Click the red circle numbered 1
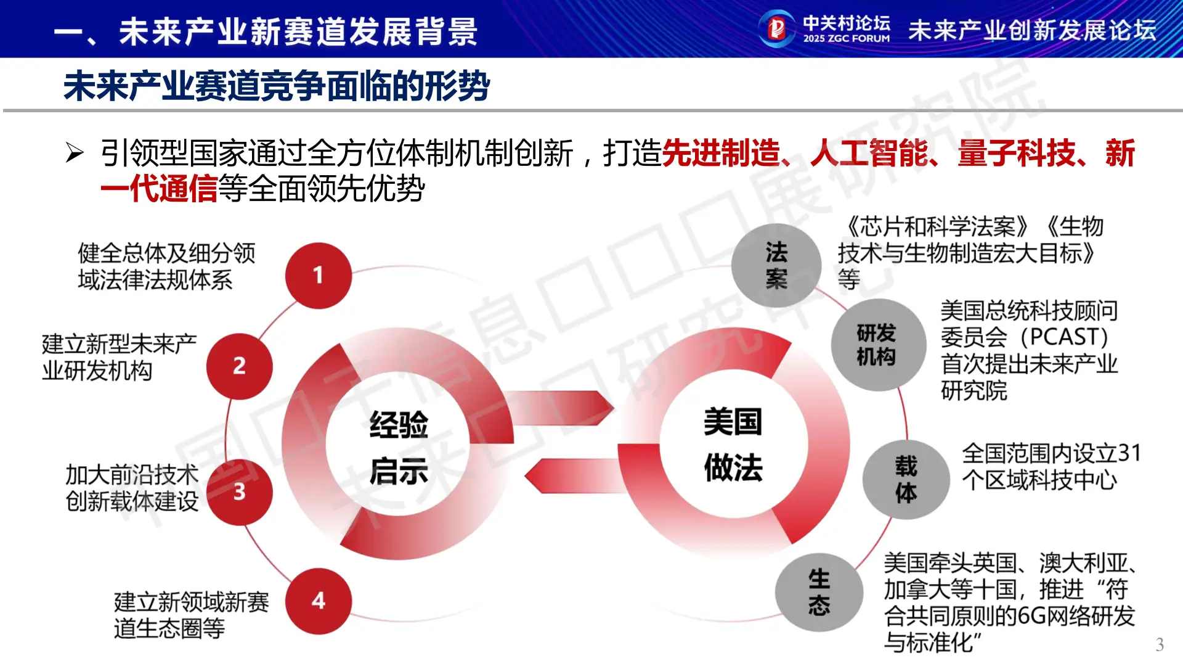pos(318,275)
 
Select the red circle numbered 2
pos(239,366)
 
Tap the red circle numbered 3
pos(239,491)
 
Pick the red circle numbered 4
pos(318,601)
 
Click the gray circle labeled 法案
pos(776,265)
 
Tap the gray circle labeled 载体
pos(906,479)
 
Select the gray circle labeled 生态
pos(819,592)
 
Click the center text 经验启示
pos(399,447)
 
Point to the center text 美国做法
pos(733,445)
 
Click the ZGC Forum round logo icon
pos(776,28)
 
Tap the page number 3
pos(1160,644)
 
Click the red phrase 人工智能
pos(869,154)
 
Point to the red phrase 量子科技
pos(1017,154)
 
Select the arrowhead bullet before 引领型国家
pos(75,153)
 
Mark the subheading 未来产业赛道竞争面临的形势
pos(277,86)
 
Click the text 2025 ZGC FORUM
pos(846,38)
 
